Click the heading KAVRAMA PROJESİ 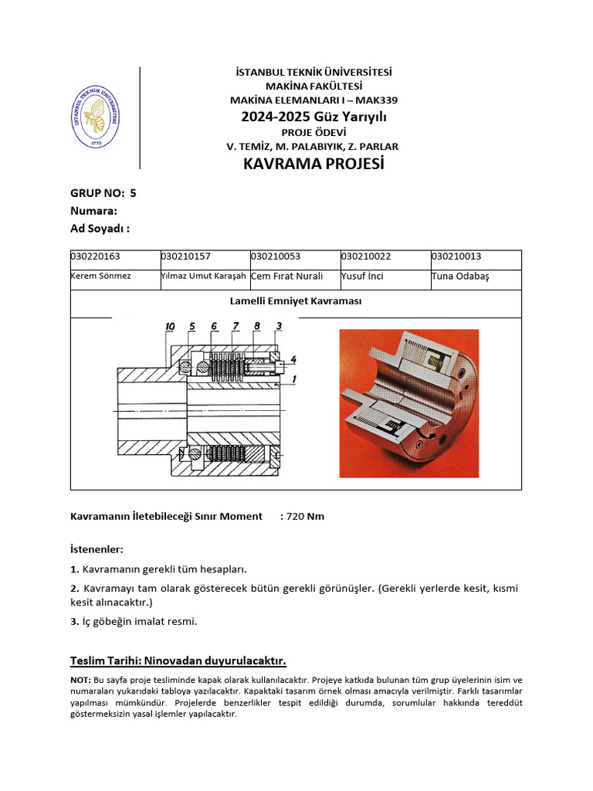(x=313, y=165)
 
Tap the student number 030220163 (x=96, y=256)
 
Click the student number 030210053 (x=276, y=256)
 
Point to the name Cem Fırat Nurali (x=286, y=276)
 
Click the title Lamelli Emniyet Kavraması (x=296, y=301)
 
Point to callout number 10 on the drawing (x=170, y=327)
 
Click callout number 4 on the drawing (x=293, y=359)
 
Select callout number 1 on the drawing (x=293, y=378)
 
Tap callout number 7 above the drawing (x=236, y=327)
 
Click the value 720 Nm (x=305, y=516)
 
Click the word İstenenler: (x=97, y=549)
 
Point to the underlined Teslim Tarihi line (x=178, y=660)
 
